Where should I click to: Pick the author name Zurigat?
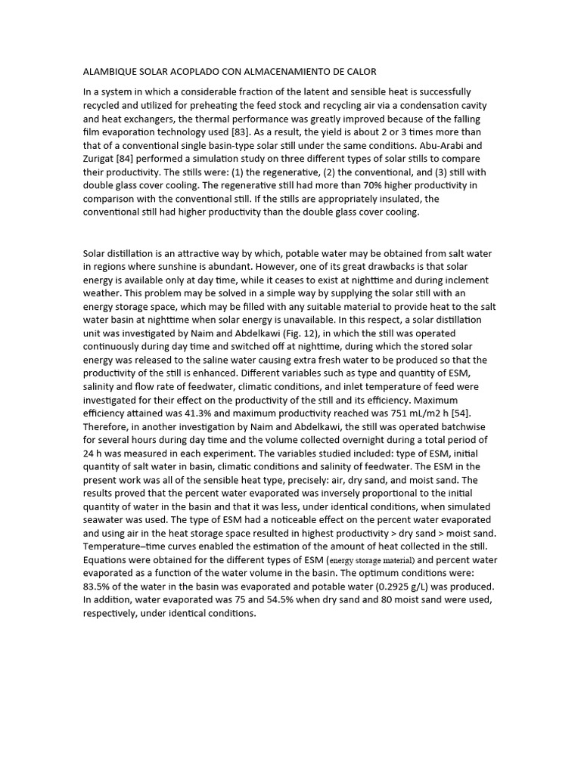point(100,158)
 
